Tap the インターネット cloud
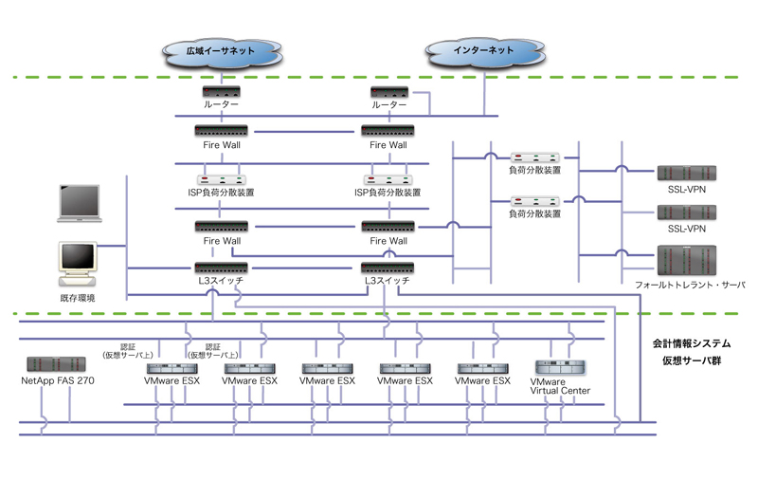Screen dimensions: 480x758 483,50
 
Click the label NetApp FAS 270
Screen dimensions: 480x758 58,381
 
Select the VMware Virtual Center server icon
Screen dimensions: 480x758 563,367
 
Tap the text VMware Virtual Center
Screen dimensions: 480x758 563,386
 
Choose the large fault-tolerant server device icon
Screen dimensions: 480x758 686,258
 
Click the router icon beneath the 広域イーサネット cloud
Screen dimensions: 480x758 222,92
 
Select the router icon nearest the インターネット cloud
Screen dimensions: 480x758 389,92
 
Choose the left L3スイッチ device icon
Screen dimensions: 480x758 222,268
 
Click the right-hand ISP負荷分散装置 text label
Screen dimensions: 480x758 389,192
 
